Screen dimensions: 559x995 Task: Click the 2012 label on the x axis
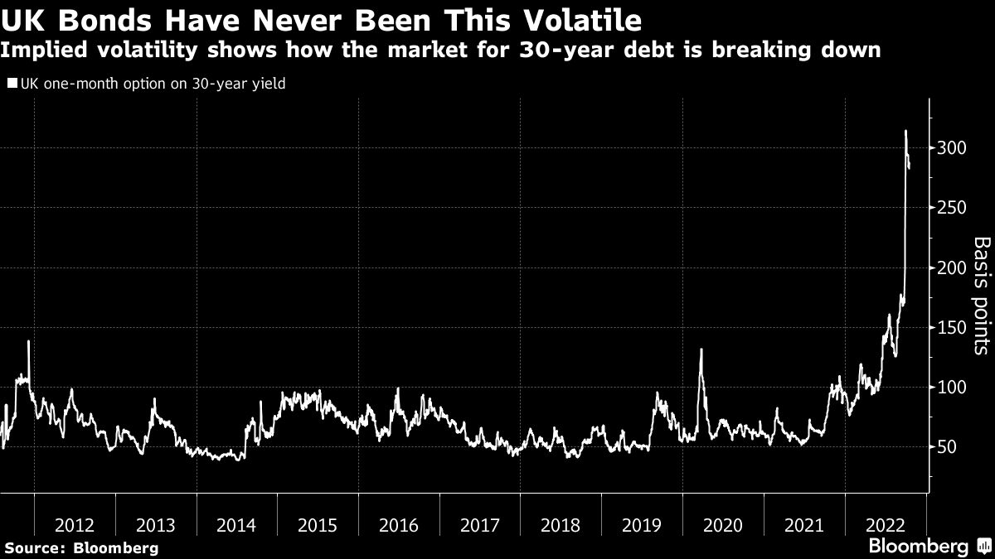75,525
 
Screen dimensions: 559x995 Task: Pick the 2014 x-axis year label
236,525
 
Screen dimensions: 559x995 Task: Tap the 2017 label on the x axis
479,525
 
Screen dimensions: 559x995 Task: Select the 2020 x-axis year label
722,525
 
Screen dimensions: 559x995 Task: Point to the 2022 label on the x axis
884,525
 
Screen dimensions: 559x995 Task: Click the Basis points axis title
981,296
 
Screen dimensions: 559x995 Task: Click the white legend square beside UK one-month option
12,84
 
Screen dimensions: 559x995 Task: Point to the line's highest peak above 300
905,131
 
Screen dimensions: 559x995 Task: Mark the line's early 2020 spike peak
701,349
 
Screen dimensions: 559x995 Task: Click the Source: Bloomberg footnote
81,547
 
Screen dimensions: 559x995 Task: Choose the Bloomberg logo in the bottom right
918,546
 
